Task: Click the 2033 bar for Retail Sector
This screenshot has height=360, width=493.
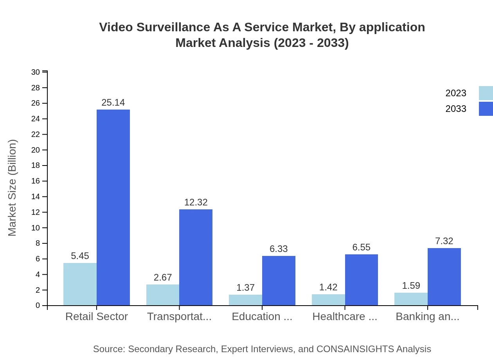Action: [113, 207]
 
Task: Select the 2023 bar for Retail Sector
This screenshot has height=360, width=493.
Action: [80, 284]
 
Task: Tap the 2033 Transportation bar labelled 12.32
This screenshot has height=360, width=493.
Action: [196, 257]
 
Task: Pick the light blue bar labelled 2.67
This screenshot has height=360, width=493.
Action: [163, 295]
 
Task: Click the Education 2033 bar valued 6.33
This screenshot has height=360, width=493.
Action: [279, 281]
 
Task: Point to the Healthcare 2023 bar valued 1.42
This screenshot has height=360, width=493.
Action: [328, 300]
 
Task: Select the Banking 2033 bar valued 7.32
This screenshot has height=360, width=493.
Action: [444, 277]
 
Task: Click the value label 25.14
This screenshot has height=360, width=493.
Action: [113, 103]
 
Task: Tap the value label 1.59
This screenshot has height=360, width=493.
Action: [411, 286]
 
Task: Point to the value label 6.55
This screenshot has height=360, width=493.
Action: [361, 247]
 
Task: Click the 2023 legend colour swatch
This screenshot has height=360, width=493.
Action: [486, 93]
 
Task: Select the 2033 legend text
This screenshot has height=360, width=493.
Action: [456, 109]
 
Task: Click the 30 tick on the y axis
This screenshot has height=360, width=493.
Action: [36, 72]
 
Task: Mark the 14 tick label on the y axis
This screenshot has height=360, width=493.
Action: [36, 197]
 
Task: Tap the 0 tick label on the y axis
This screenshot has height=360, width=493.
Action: [38, 306]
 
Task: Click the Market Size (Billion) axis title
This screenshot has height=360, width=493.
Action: [13, 188]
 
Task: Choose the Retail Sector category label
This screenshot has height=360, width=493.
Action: [97, 317]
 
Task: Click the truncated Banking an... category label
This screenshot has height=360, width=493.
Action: [427, 317]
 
